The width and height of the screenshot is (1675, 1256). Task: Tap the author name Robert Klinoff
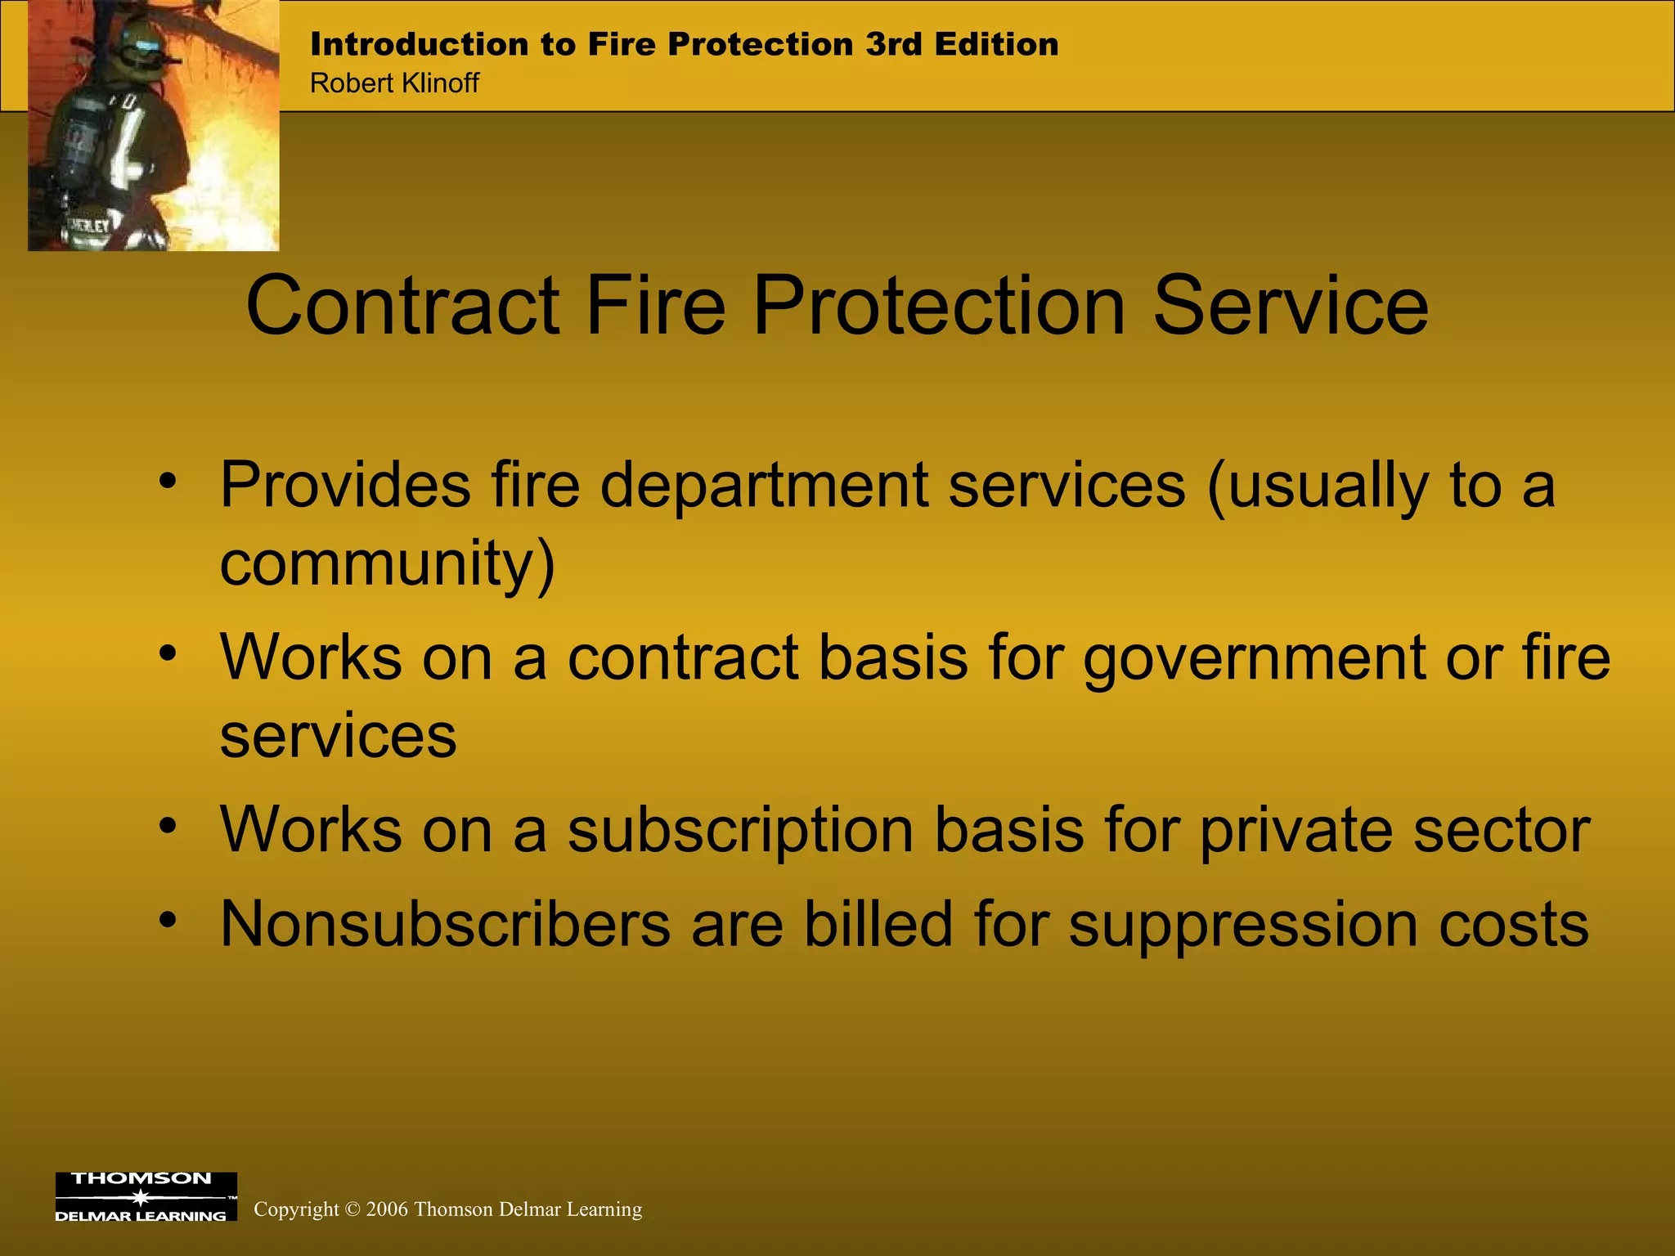394,83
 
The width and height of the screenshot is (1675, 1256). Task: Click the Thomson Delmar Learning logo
146,1197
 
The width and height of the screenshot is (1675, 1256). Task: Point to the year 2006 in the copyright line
387,1209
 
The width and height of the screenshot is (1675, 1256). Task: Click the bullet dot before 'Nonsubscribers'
168,920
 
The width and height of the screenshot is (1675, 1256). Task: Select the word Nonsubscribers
445,924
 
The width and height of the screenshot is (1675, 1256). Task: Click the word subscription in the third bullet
740,829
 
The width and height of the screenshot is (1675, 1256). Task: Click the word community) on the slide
387,564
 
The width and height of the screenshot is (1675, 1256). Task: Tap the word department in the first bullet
764,486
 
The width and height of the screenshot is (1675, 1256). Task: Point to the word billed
878,924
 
